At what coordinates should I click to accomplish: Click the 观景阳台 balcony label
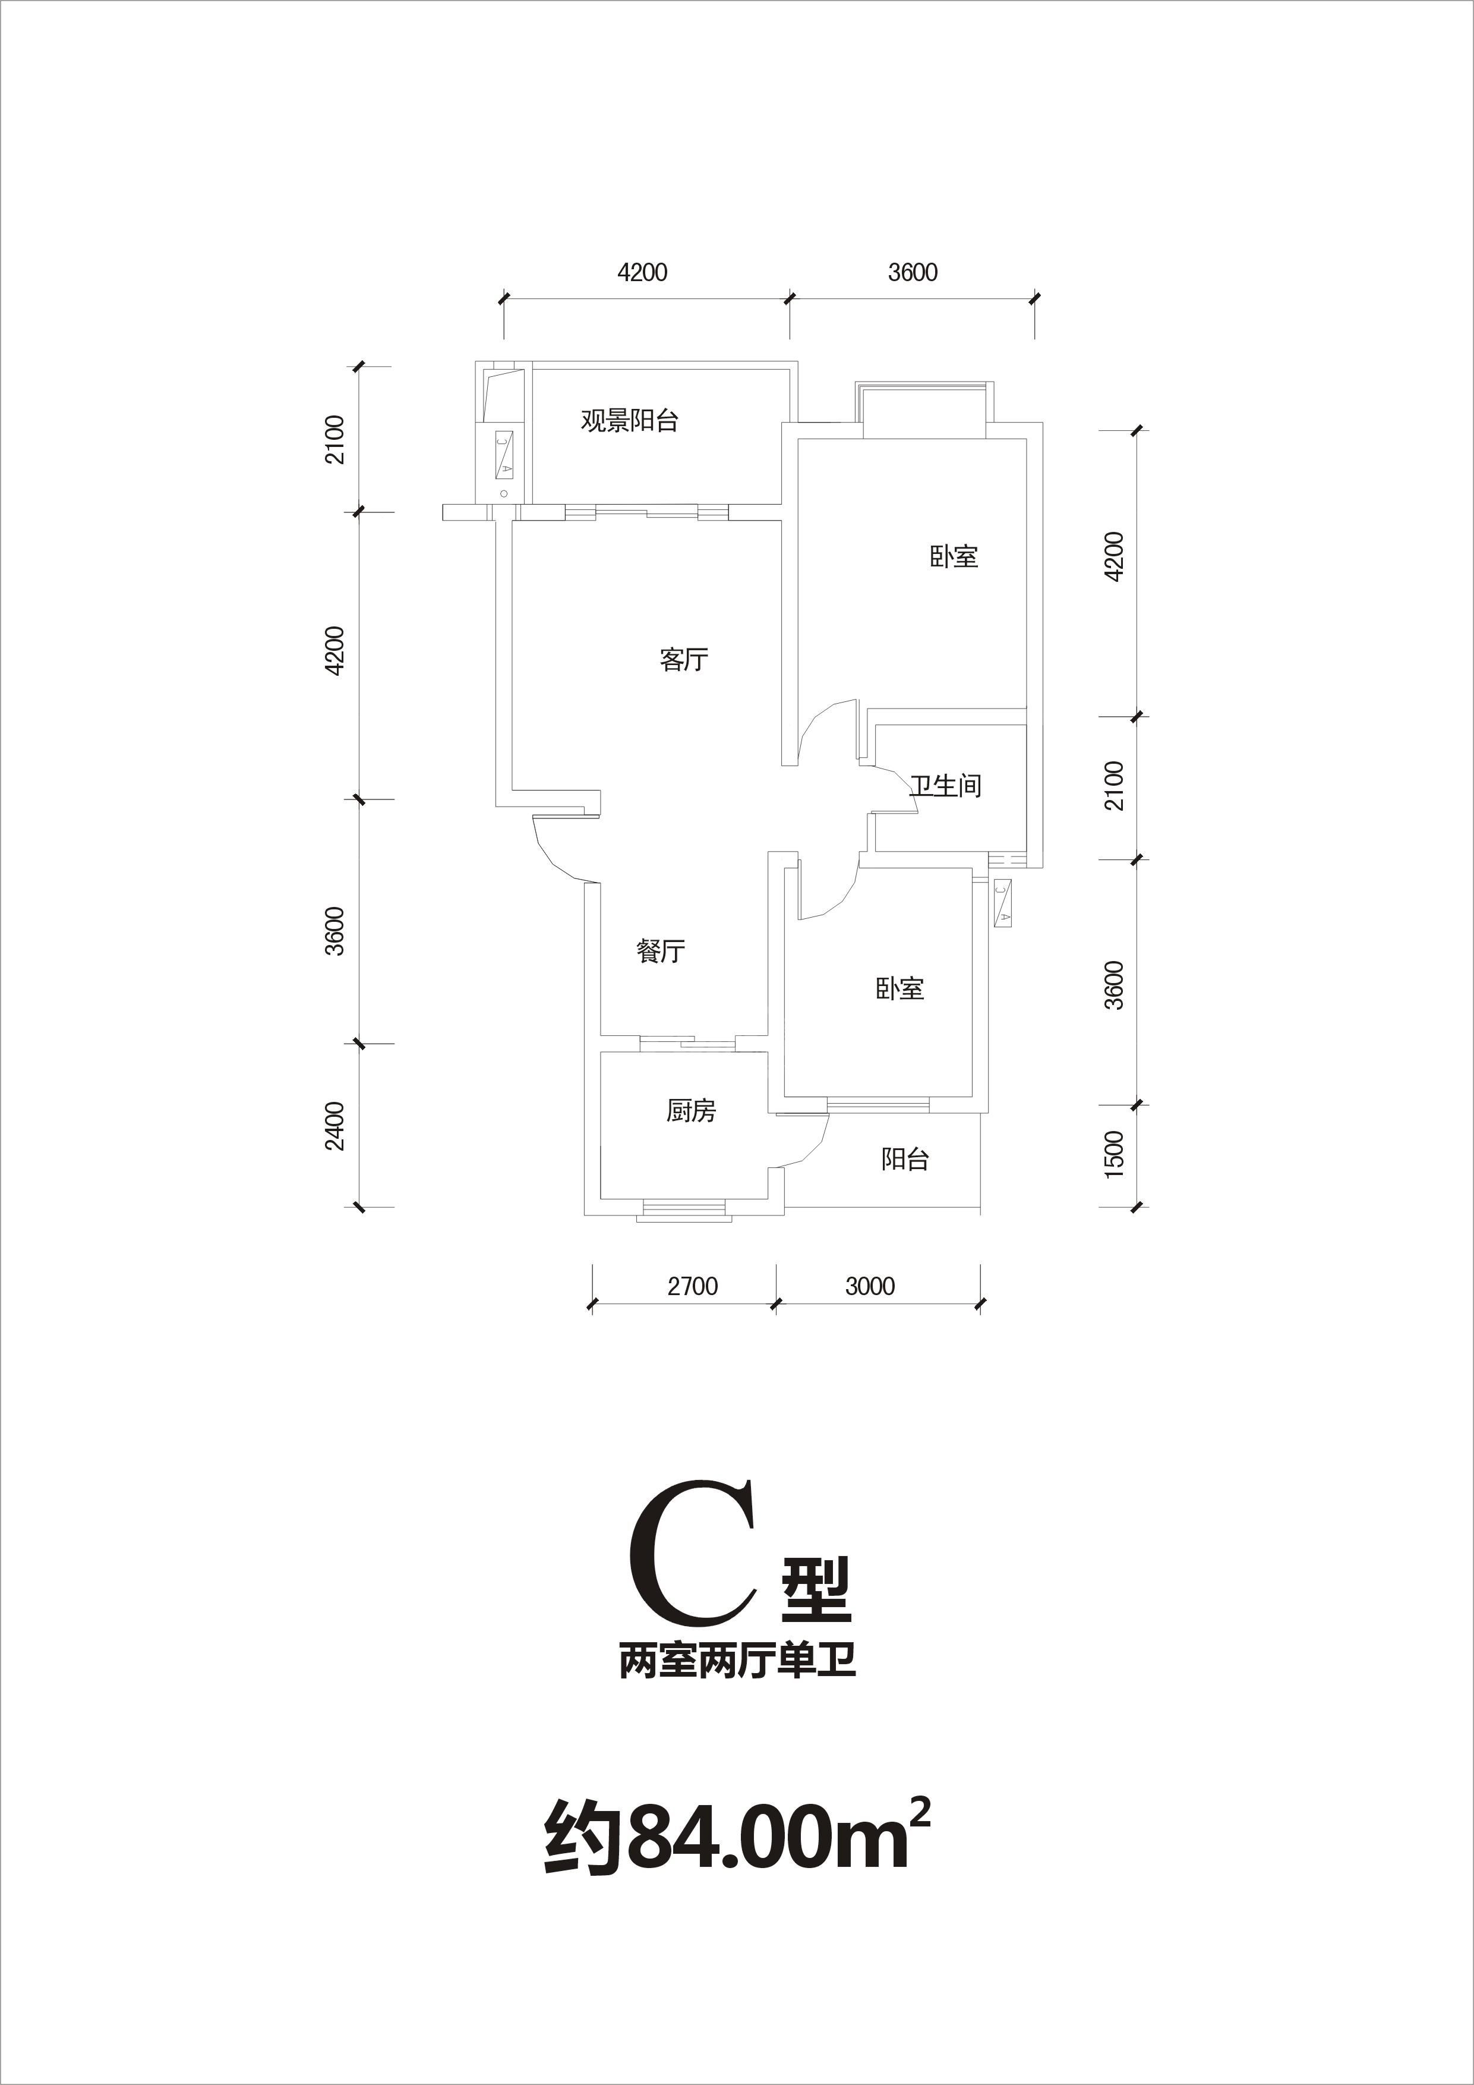click(630, 421)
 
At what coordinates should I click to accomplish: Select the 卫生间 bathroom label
click(946, 786)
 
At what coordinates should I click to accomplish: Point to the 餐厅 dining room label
click(661, 952)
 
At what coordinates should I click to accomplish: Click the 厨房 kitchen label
click(692, 1111)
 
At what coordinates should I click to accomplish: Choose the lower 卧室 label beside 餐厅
click(900, 989)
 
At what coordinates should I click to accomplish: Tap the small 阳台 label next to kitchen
click(905, 1160)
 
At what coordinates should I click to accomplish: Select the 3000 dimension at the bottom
click(870, 1286)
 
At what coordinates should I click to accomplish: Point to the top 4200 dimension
click(642, 272)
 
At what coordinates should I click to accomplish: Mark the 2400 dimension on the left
click(336, 1126)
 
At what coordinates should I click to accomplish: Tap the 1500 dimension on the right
click(1116, 1154)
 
